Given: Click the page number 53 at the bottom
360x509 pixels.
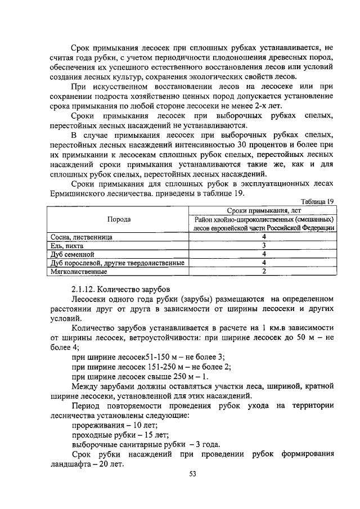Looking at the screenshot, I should (x=192, y=474).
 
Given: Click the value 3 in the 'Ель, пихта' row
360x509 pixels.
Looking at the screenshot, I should (x=263, y=245).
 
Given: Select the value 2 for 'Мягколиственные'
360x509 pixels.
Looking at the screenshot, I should (x=263, y=271).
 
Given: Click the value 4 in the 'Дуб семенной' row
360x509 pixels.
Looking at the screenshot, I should (x=263, y=254).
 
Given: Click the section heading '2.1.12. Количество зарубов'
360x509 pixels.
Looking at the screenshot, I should (x=120, y=289).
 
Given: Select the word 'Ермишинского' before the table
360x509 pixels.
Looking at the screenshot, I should (x=78, y=193).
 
